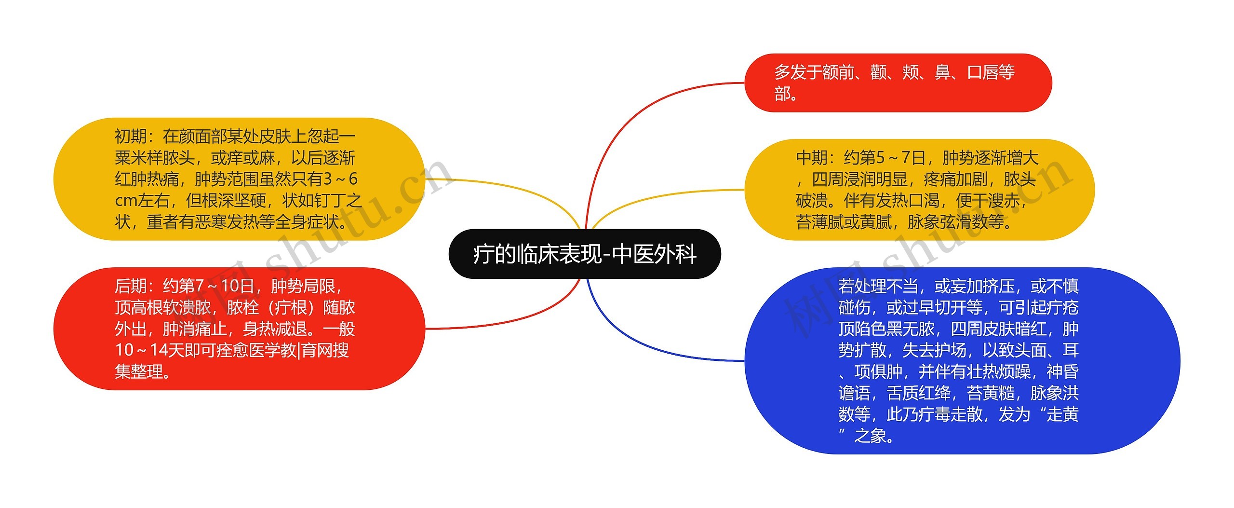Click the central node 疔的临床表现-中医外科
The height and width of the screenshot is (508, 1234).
pos(584,254)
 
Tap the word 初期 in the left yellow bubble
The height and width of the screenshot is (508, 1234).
pos(131,137)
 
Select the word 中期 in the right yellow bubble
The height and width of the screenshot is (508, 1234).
pos(812,158)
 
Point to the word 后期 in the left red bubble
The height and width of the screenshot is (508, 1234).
pos(131,286)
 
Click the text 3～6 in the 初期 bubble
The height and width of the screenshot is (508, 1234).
pos(340,179)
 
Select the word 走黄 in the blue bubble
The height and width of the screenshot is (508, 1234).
pos(1062,414)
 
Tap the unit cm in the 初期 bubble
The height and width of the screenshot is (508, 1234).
pos(126,200)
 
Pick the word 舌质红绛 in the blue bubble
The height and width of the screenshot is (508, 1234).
pos(918,393)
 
